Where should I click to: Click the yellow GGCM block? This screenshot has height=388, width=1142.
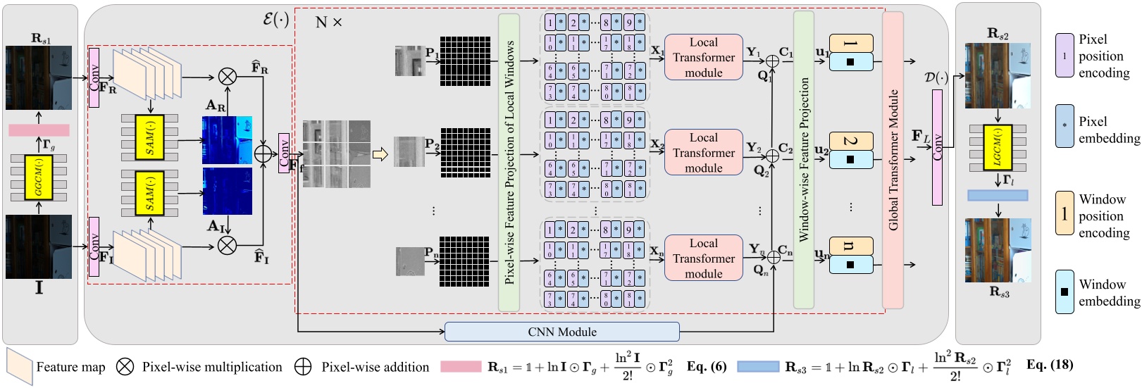(39, 177)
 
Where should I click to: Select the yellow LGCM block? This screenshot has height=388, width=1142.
(997, 148)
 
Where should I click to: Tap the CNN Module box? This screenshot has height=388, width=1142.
(561, 332)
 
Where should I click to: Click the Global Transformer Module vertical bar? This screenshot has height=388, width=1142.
(893, 160)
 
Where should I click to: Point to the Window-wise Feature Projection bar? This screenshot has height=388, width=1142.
(804, 160)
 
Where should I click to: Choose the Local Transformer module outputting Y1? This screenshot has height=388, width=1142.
(703, 57)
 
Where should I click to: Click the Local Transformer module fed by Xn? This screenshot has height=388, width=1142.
(703, 258)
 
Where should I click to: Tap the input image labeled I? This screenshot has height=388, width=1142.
(39, 246)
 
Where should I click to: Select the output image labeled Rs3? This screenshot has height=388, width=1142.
(998, 251)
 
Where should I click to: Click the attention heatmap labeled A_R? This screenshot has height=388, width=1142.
(227, 140)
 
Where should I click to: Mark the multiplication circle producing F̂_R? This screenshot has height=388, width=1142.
(227, 76)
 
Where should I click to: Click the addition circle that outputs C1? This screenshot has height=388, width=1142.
(773, 61)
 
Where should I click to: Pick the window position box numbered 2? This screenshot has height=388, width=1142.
(851, 141)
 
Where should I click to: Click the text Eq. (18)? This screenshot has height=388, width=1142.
(1049, 365)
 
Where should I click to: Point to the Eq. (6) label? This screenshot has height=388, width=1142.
(707, 366)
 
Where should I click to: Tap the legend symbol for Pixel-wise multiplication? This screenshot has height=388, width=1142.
(125, 367)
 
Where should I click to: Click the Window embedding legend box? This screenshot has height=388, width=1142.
(1064, 292)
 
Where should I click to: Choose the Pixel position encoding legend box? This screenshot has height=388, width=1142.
(1064, 56)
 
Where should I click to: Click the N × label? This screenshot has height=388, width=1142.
(328, 23)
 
